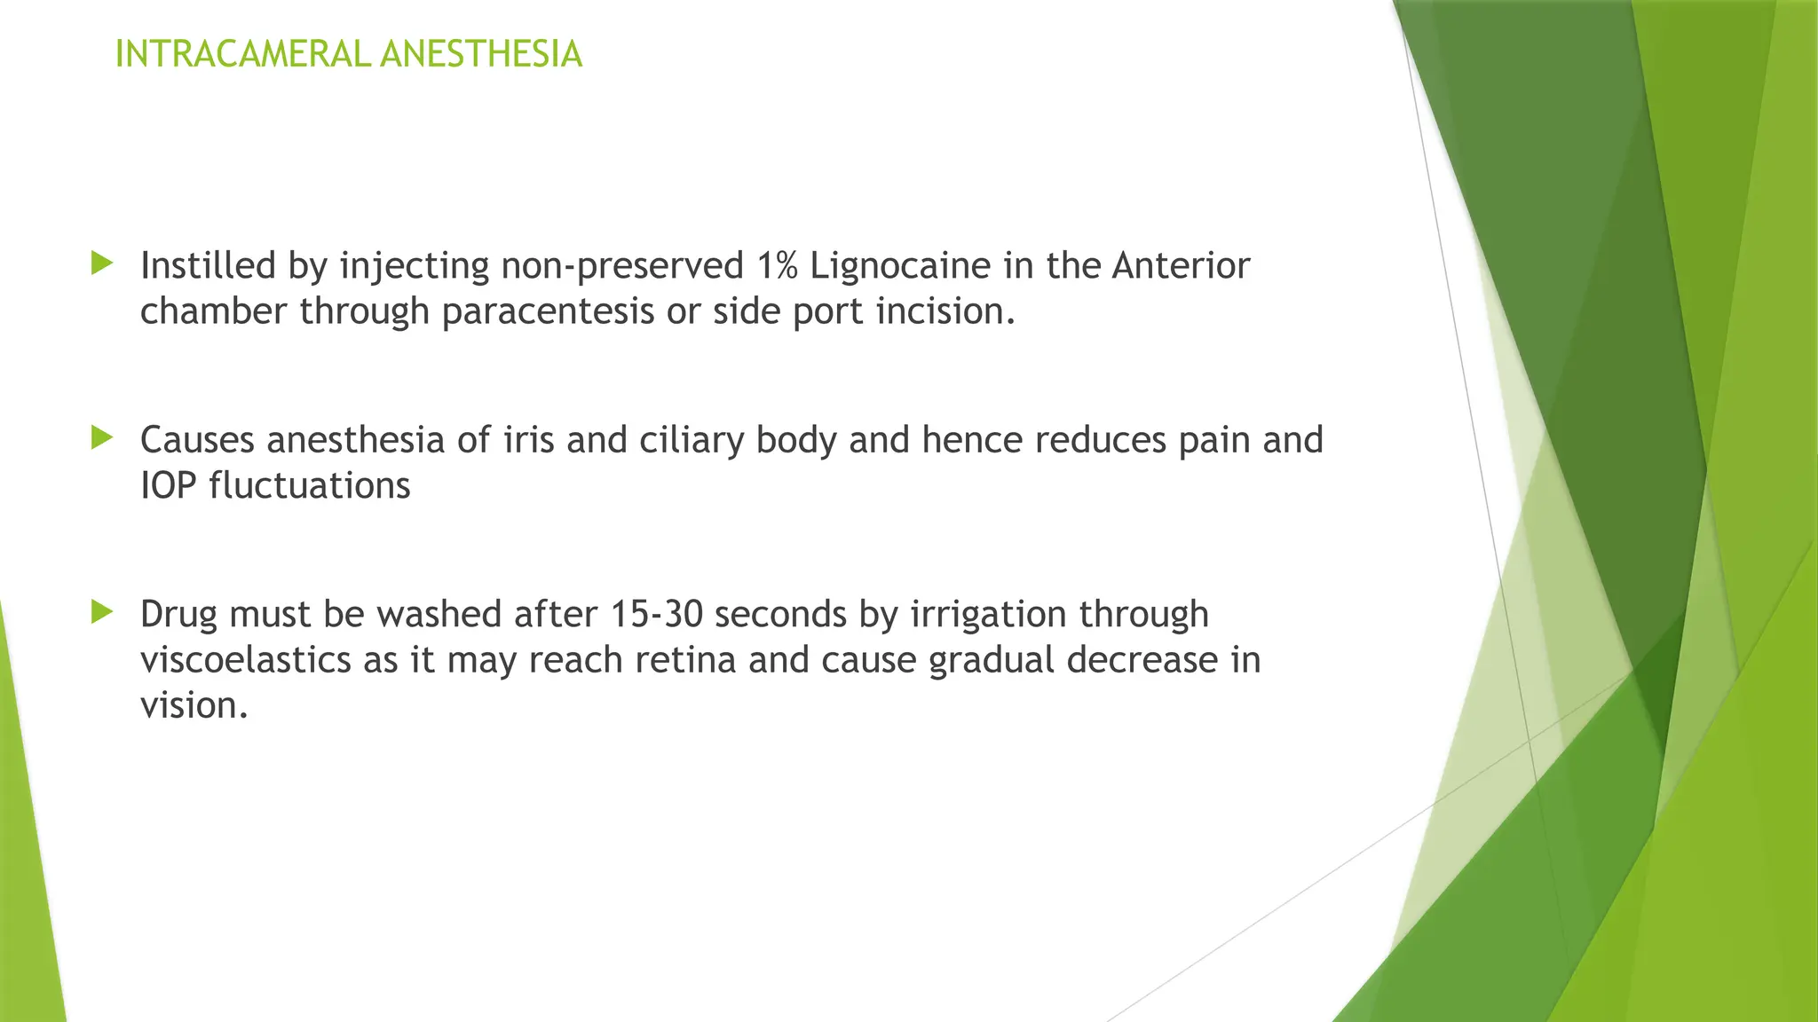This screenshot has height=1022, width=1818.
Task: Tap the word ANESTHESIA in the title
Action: pyautogui.click(x=480, y=54)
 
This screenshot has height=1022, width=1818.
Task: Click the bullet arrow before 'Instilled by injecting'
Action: pyautogui.click(x=102, y=263)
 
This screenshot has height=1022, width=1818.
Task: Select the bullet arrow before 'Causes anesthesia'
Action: pyautogui.click(x=102, y=436)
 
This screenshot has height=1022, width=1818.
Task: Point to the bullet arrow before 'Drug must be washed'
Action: pyautogui.click(x=102, y=611)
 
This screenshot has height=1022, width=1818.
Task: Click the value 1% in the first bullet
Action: pyautogui.click(x=778, y=265)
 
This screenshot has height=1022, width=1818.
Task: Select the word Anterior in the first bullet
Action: pyautogui.click(x=1181, y=265)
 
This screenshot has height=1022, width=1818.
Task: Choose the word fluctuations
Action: pyautogui.click(x=310, y=485)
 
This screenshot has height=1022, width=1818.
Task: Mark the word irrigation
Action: pyautogui.click(x=988, y=614)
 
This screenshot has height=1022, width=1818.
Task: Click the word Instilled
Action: pyautogui.click(x=208, y=265)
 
